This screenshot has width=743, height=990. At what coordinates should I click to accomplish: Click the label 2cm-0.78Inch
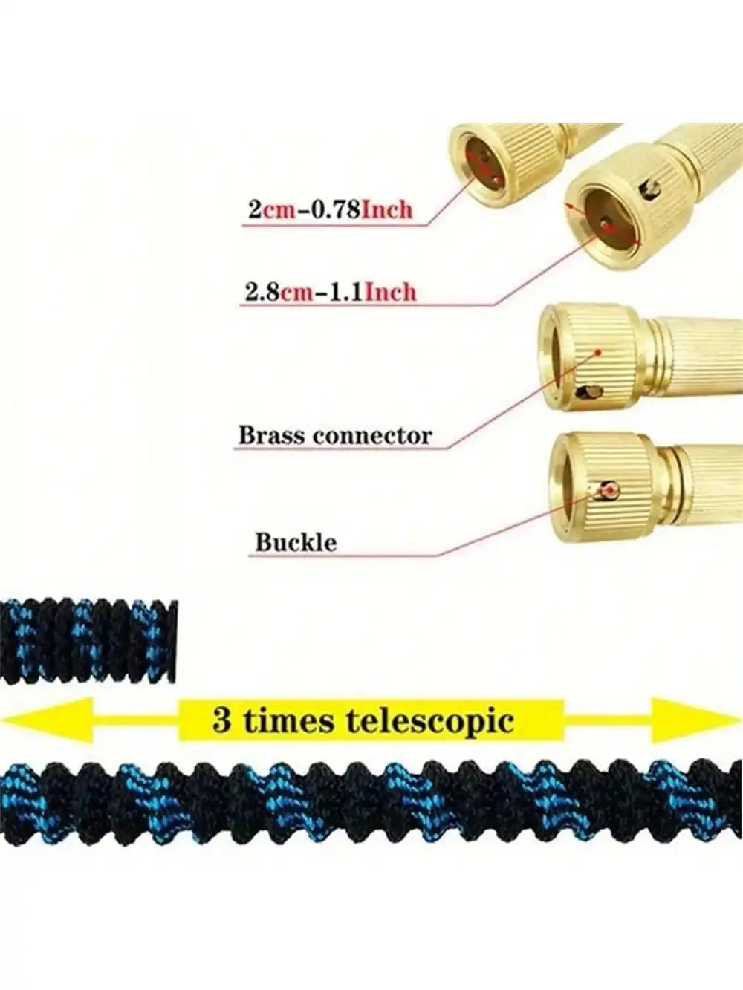[x=330, y=209]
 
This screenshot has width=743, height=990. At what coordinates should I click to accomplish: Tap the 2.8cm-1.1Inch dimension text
[x=331, y=292]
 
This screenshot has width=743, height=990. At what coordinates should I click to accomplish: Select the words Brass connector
[x=334, y=435]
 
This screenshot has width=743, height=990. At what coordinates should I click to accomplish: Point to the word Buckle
[x=296, y=542]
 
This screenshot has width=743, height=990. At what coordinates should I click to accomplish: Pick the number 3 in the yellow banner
[x=221, y=720]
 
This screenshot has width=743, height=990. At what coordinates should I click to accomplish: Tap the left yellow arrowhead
[x=45, y=720]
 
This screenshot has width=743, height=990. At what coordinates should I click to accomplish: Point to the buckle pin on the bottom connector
[x=610, y=491]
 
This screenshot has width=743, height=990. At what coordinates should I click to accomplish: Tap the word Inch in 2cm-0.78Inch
[x=386, y=209]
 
